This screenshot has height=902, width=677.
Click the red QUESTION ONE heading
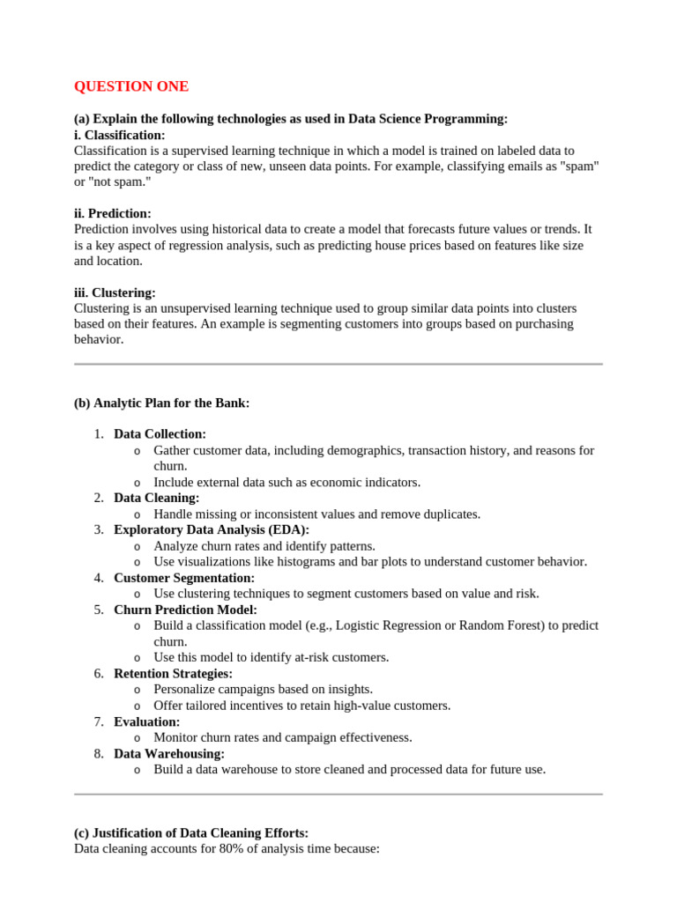[x=131, y=86]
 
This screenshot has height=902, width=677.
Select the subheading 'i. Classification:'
[x=119, y=135]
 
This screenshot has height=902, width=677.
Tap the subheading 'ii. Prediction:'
[x=113, y=213]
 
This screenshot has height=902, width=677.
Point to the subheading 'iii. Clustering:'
[x=115, y=292]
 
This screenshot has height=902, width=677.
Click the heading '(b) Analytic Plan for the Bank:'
[x=162, y=403]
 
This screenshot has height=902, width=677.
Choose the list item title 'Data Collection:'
[x=160, y=434]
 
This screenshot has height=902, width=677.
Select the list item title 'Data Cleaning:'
[x=156, y=498]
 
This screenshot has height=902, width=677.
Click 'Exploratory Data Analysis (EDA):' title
[x=212, y=529]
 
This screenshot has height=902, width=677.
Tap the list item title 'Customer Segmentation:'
[x=183, y=578]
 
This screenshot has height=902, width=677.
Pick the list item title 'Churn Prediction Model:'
[x=185, y=610]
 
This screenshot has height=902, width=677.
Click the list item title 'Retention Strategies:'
[x=173, y=673]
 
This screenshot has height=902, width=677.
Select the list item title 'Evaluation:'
[x=146, y=721]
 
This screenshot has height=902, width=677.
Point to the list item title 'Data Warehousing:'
[x=169, y=753]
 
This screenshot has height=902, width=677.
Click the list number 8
[x=98, y=753]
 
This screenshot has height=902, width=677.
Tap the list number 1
[x=98, y=434]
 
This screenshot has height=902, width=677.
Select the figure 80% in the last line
[x=218, y=848]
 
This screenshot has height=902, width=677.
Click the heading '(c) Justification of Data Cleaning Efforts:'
[x=191, y=832]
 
